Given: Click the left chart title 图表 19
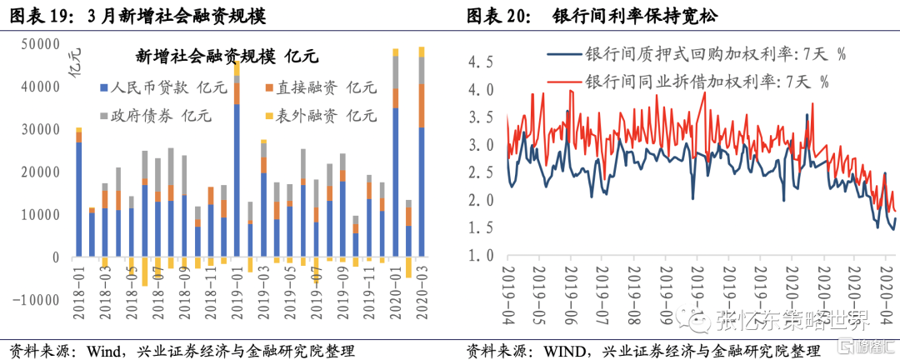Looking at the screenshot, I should point(38,16).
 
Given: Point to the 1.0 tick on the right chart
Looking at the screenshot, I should point(480,255).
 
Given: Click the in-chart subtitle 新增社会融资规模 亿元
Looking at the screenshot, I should point(227,57).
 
